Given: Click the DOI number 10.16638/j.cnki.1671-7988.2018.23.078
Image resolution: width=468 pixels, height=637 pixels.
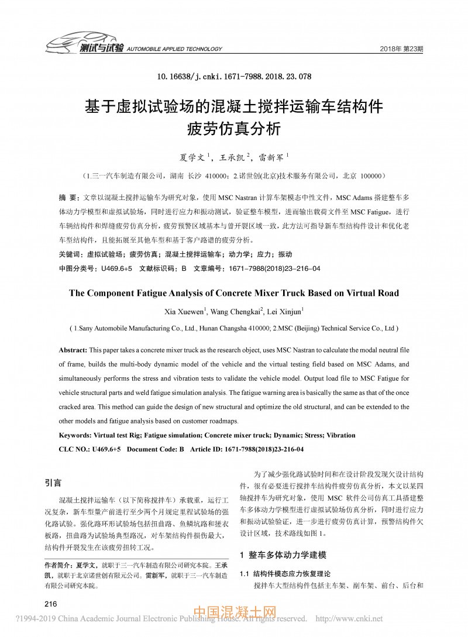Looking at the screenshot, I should pos(234,77).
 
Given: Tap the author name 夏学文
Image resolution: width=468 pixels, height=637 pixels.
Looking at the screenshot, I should pos(192,157).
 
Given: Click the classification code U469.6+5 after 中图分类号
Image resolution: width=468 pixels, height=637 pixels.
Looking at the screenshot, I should pos(116,268).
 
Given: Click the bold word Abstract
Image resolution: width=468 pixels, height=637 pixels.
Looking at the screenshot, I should pos(73,349).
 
